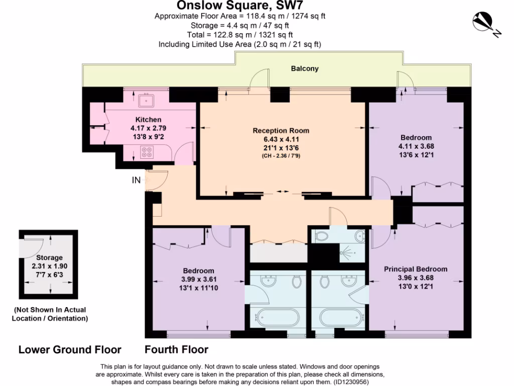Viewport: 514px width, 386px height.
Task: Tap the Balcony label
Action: [305, 68]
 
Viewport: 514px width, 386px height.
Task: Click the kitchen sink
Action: [146, 101]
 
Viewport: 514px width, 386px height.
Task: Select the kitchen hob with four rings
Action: [147, 152]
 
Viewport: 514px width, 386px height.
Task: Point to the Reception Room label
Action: [281, 131]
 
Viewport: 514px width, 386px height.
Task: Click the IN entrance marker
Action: [136, 180]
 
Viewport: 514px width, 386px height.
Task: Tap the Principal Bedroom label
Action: [416, 269]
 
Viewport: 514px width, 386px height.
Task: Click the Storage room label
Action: [49, 258]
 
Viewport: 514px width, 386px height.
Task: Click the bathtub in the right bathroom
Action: [341, 317]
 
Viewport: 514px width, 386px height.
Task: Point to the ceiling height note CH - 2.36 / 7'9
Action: [281, 156]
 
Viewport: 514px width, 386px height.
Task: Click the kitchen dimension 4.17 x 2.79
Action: [148, 128]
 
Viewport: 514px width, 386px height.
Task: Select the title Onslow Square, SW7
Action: [240, 5]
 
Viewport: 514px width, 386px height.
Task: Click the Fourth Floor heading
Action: [176, 350]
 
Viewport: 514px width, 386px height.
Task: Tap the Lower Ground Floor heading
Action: [70, 350]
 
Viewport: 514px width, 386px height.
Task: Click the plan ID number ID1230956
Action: [351, 382]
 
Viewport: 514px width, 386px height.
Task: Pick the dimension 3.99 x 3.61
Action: [199, 279]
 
